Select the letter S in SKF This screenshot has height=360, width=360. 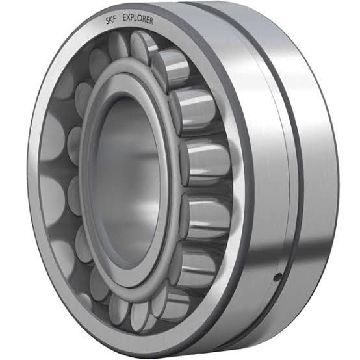pyautogui.click(x=108, y=21)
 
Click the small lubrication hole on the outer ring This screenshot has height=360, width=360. pyautogui.click(x=277, y=277)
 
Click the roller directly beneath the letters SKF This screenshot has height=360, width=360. pyautogui.click(x=117, y=47)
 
